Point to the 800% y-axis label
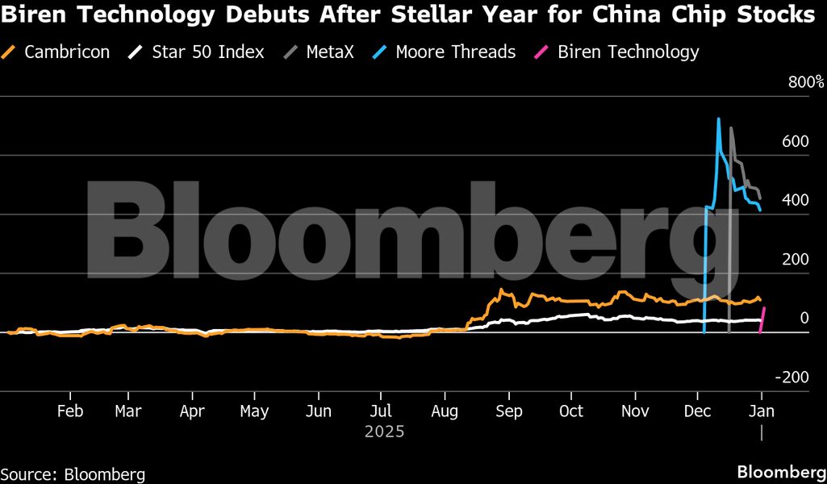click(x=806, y=82)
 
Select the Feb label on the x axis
click(x=70, y=411)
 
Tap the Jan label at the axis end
click(x=762, y=411)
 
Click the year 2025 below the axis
click(x=384, y=432)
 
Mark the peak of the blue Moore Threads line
click(x=718, y=119)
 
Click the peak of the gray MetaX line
click(x=731, y=128)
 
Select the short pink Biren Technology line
click(x=762, y=319)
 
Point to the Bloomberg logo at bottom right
click(x=780, y=471)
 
